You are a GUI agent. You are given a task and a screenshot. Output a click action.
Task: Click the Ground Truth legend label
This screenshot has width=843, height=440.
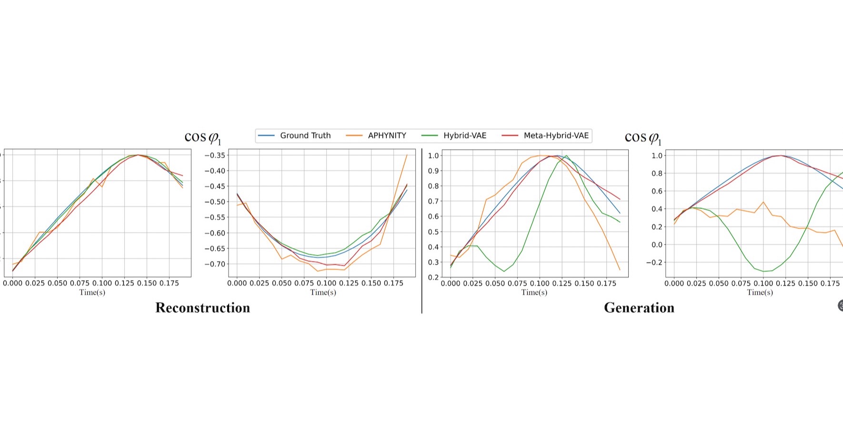click(305, 135)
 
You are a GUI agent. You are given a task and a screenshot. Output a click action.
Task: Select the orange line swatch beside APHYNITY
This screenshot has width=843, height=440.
click(354, 135)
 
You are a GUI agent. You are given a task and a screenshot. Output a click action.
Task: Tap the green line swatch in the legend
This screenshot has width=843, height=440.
click(430, 135)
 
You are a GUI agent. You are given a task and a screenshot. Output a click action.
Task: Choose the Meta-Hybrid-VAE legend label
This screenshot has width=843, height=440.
click(556, 135)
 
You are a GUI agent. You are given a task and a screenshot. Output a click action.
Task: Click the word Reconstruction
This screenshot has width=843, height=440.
click(202, 308)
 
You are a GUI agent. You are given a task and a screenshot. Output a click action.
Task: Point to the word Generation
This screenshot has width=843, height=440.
click(639, 308)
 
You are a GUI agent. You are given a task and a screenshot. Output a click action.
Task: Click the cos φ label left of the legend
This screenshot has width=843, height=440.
click(202, 138)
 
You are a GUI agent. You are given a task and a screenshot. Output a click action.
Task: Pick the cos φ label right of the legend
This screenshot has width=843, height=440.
click(642, 138)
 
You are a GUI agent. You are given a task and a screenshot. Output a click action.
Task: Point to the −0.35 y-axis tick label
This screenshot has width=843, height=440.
click(214, 155)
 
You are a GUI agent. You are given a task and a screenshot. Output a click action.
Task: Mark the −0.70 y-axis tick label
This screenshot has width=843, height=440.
click(214, 264)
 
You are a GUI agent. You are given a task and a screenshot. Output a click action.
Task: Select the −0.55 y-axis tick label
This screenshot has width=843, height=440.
click(214, 217)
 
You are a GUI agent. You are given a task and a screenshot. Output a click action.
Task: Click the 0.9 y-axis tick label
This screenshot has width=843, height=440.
click(433, 171)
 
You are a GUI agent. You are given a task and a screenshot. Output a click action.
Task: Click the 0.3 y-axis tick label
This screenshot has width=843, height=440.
click(433, 262)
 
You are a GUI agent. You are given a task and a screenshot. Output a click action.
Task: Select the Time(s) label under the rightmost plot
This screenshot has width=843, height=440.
click(760, 292)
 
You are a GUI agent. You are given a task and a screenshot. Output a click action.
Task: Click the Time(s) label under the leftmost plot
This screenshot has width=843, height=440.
click(92, 292)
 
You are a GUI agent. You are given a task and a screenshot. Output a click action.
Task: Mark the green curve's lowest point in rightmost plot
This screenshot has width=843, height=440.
click(763, 272)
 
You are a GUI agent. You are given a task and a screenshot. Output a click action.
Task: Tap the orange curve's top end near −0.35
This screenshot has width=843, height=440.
click(407, 155)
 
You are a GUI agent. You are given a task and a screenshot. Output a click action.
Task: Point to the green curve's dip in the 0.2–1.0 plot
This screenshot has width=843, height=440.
click(504, 271)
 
